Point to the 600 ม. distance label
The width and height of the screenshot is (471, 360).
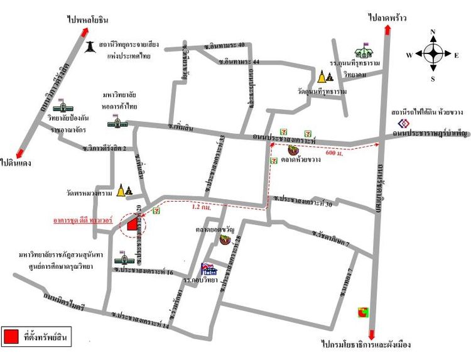pos(335,153)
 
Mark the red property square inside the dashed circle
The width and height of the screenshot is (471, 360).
pos(133,224)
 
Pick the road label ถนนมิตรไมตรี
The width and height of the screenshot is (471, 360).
pos(63,300)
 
